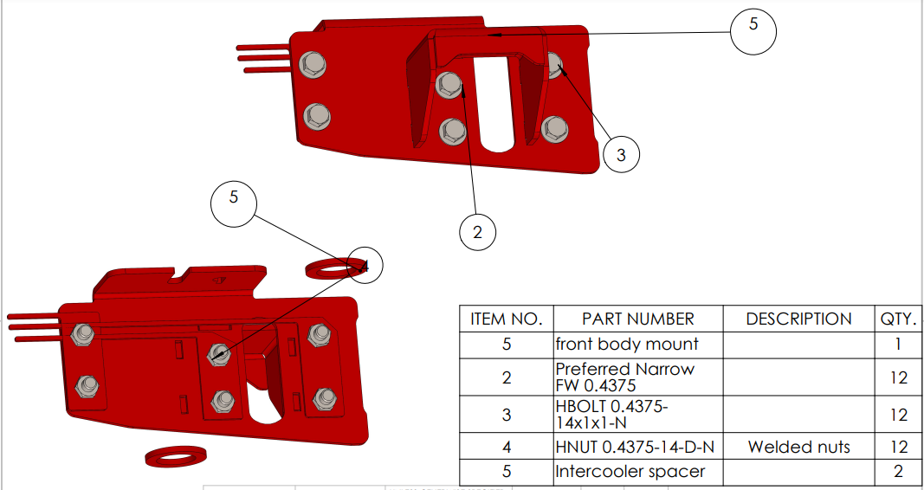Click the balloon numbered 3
click(621, 155)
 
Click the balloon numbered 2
click(477, 231)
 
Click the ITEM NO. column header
click(507, 319)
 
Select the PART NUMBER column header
click(637, 319)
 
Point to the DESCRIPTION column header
click(798, 319)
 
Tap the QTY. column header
click(899, 319)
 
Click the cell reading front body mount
click(637, 344)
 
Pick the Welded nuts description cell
click(798, 447)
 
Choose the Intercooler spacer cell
click(637, 472)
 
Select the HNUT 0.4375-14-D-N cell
click(637, 447)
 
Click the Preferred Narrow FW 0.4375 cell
click(637, 377)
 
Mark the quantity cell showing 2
click(899, 472)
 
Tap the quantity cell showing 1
click(899, 344)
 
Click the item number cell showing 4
click(507, 447)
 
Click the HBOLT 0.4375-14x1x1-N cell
click(637, 415)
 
